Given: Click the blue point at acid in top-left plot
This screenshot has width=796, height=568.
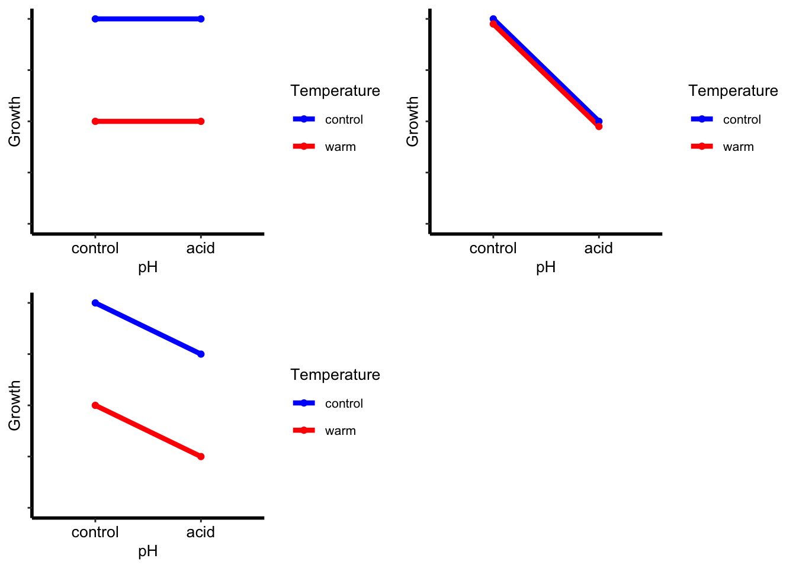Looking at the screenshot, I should pyautogui.click(x=201, y=19).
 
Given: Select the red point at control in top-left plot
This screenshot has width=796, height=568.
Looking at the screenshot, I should pyautogui.click(x=95, y=121).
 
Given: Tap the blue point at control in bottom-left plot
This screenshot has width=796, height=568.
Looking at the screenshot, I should pyautogui.click(x=95, y=303).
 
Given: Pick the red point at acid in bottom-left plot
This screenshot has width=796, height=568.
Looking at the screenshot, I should pyautogui.click(x=201, y=456).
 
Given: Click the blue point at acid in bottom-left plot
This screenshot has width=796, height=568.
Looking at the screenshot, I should pyautogui.click(x=201, y=354).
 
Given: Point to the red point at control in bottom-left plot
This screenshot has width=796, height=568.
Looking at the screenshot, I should pyautogui.click(x=95, y=405).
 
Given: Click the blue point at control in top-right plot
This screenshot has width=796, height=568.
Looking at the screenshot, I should pyautogui.click(x=493, y=19).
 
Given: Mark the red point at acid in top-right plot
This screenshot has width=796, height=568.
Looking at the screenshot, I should pyautogui.click(x=599, y=126).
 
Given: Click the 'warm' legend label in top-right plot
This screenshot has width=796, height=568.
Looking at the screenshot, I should pyautogui.click(x=738, y=147).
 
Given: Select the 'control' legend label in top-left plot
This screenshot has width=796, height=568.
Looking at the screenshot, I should pyautogui.click(x=344, y=120).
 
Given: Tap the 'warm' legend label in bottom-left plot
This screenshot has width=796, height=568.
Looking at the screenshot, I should pyautogui.click(x=340, y=431).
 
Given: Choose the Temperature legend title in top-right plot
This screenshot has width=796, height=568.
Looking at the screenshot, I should pyautogui.click(x=733, y=91).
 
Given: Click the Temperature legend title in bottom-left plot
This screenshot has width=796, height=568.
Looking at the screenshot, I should pyautogui.click(x=335, y=375).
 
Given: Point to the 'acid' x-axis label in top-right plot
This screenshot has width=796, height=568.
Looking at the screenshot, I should pyautogui.click(x=598, y=248).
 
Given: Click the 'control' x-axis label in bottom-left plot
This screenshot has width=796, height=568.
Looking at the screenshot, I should pyautogui.click(x=95, y=532).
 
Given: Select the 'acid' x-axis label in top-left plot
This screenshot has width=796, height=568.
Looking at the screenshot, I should pyautogui.click(x=200, y=248).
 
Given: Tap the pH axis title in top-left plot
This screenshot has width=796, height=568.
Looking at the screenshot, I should pyautogui.click(x=147, y=267).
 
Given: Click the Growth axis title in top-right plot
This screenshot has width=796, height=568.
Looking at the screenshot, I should pyautogui.click(x=412, y=121).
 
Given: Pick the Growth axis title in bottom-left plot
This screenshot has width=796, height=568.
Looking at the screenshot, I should pyautogui.click(x=14, y=405).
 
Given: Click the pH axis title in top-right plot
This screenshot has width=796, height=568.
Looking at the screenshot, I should pyautogui.click(x=545, y=267).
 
